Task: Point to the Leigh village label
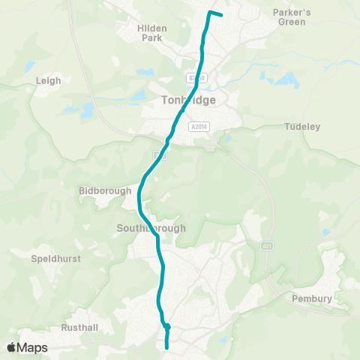[x=48, y=79]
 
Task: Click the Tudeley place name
[x=302, y=127]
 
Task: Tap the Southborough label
[x=151, y=228]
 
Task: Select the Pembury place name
[x=313, y=298]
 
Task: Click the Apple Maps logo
[x=27, y=347]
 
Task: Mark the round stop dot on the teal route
[x=167, y=326]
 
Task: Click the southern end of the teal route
[x=166, y=347]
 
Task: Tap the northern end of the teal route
[x=221, y=15]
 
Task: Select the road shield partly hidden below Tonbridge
[x=160, y=154]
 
